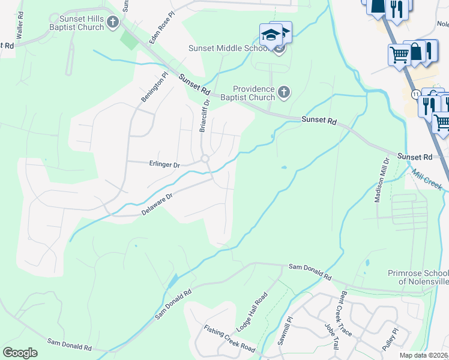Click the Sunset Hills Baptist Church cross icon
(112, 22)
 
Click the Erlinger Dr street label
(164, 163)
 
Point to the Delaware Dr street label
(157, 205)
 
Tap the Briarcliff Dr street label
(205, 116)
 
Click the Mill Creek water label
(427, 179)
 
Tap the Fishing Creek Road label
(229, 338)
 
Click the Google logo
(20, 353)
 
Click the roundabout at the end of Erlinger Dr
(205, 159)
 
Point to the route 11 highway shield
(415, 94)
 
